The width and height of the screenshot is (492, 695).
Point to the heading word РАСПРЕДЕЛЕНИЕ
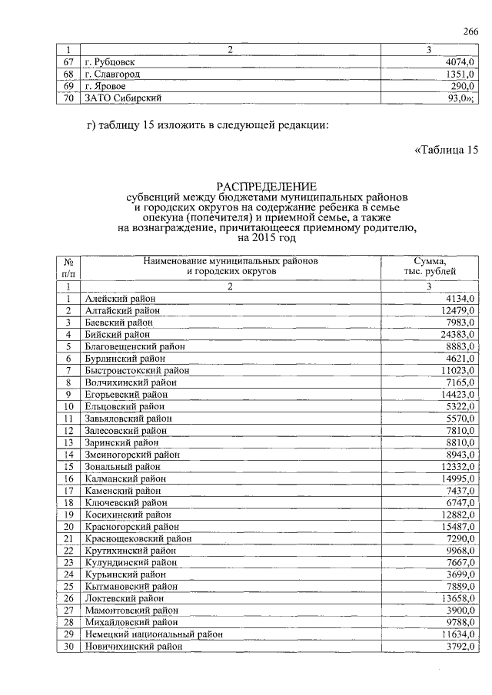(265, 187)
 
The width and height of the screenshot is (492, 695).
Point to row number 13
(68, 442)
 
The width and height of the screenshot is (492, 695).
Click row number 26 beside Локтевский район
(68, 598)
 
